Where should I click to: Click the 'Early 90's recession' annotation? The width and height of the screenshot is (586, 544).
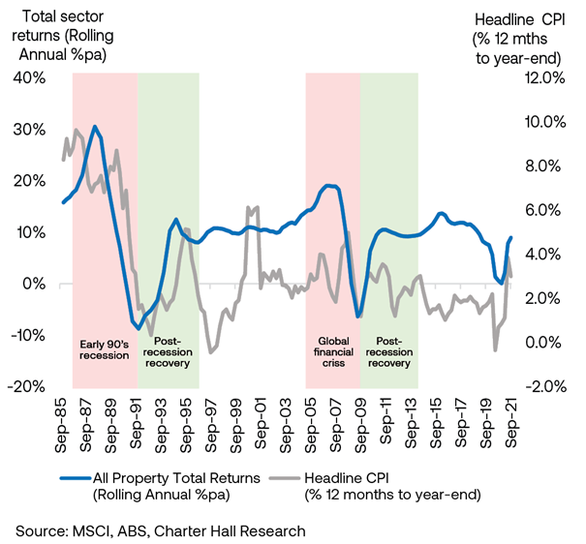coord(104,348)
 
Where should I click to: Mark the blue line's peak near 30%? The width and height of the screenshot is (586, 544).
coord(94,127)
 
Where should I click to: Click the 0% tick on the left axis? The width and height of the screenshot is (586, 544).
coord(28,284)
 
